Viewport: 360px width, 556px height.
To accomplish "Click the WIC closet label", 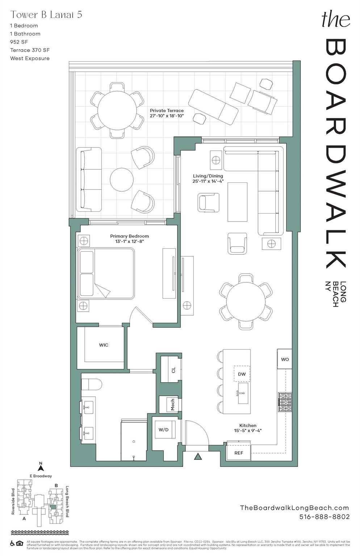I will [104, 345].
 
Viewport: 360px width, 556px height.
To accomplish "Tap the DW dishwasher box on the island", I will [242, 374].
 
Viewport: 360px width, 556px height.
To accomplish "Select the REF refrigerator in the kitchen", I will [239, 452].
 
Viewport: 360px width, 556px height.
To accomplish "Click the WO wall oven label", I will [285, 359].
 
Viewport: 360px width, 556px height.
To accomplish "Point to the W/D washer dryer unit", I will [164, 430].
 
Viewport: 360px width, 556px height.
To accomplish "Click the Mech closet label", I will [172, 404].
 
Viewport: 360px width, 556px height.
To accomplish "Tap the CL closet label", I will [173, 370].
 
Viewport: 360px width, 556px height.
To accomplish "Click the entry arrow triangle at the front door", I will [197, 456].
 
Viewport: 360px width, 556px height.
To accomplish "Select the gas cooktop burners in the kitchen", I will [285, 402].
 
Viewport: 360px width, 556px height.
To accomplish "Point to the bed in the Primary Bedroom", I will [106, 273].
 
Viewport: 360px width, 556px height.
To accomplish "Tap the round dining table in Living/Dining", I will [246, 301].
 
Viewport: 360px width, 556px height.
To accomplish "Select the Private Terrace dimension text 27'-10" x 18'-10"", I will [167, 116].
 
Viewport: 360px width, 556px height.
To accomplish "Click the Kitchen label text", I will [248, 425].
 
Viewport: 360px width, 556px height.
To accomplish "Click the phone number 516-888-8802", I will [325, 517].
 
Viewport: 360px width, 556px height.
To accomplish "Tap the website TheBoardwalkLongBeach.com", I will [294, 508].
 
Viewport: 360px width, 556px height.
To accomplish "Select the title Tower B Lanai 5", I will [46, 14].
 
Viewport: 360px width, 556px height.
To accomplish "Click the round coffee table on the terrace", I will [122, 180].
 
